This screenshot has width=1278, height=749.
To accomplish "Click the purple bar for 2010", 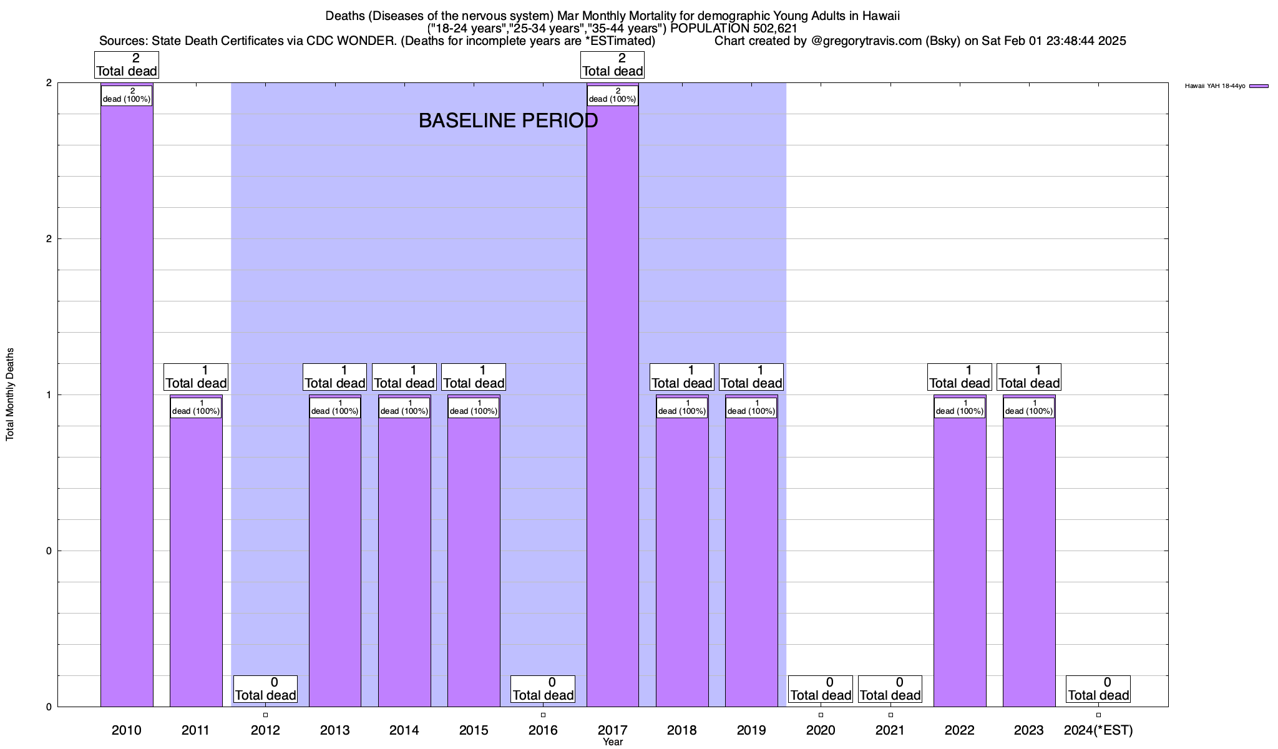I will [x=127, y=406].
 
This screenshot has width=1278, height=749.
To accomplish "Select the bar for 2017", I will [x=613, y=406].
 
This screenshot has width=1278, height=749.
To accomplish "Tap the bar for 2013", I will [x=335, y=562].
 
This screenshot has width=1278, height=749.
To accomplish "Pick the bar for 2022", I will [x=960, y=562].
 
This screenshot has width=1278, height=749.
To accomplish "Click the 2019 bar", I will [x=751, y=562].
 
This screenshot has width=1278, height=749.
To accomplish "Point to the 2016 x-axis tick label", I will [x=543, y=730].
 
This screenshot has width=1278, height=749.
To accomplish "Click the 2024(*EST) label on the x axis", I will [x=1098, y=730].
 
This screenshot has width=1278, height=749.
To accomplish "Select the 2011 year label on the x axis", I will [x=196, y=730].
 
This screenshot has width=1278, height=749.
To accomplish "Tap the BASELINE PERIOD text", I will [x=508, y=120].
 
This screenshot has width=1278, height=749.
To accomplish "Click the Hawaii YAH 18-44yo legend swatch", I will [x=1259, y=86].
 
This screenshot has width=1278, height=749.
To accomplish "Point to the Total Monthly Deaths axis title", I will [x=10, y=394].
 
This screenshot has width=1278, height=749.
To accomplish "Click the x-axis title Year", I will [x=613, y=742].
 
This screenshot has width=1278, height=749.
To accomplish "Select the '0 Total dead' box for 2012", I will [x=265, y=689].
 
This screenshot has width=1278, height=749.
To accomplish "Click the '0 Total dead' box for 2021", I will [x=890, y=689].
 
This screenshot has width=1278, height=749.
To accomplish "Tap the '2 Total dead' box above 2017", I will [x=613, y=65].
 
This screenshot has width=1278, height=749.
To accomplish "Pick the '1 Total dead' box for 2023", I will [x=1029, y=377].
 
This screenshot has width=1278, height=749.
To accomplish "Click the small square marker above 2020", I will [x=821, y=715].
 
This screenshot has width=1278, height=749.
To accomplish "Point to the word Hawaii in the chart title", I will [x=880, y=16].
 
